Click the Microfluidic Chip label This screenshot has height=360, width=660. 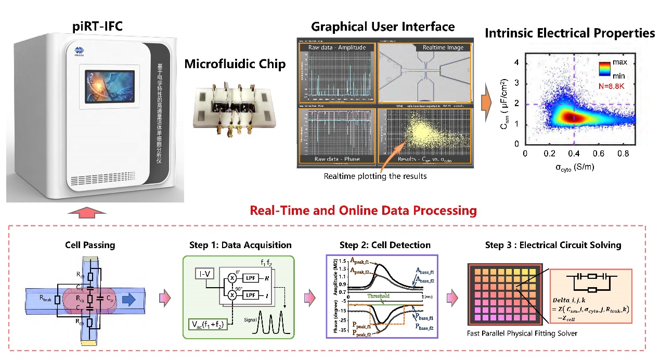click(235, 65)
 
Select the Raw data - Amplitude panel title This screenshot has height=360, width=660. click(337, 47)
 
